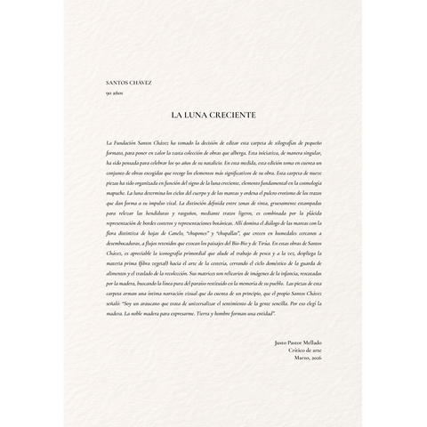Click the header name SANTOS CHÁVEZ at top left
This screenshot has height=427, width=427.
[128, 83]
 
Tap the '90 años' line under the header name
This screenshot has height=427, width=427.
[114, 93]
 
